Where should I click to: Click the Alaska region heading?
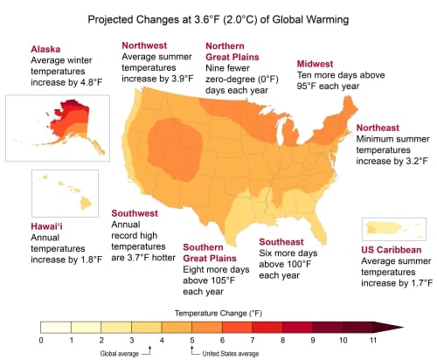(46, 48)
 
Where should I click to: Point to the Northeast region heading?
(385, 128)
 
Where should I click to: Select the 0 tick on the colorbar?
(41, 339)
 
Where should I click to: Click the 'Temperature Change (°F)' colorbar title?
(207, 310)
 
